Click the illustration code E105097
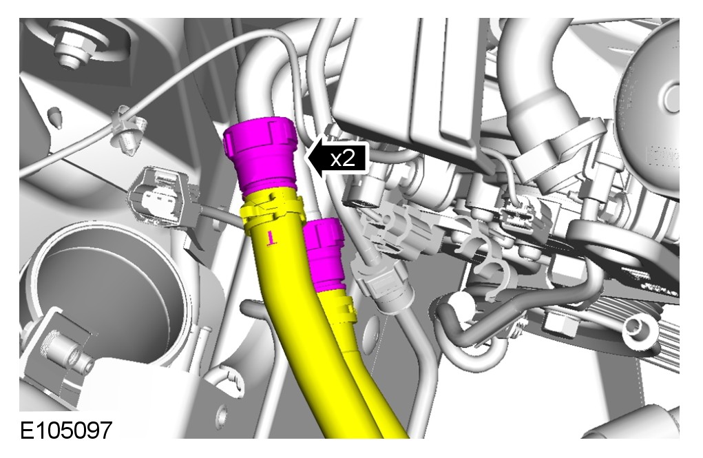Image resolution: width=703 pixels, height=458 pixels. (66, 430)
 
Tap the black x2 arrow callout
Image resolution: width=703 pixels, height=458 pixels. (336, 158)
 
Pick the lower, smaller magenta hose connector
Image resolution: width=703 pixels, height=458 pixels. (323, 254)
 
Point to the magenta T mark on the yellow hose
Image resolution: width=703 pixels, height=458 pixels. (271, 238)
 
